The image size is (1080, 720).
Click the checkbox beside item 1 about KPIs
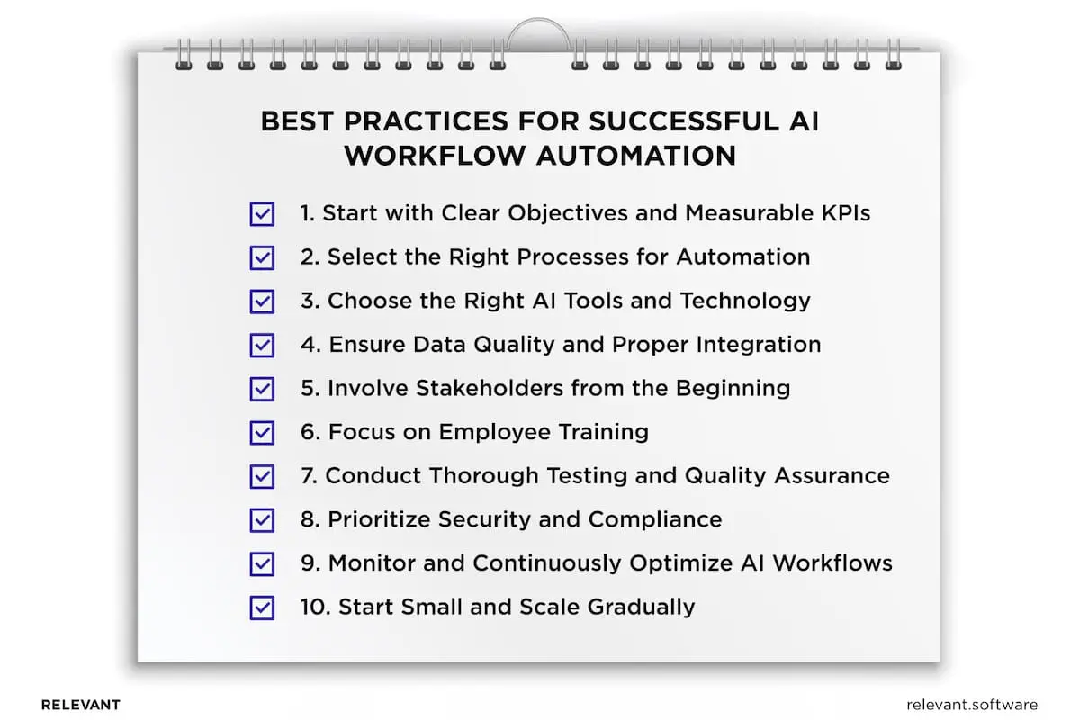[x=261, y=214]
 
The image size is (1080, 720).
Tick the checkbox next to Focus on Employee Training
[x=261, y=432]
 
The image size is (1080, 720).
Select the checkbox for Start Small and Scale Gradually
[x=261, y=607]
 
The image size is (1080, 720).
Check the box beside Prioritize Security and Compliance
[x=261, y=520]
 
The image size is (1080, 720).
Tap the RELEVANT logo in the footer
[x=80, y=705]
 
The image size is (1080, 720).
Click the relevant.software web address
[x=972, y=705]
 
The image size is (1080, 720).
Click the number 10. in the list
[x=315, y=607]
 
